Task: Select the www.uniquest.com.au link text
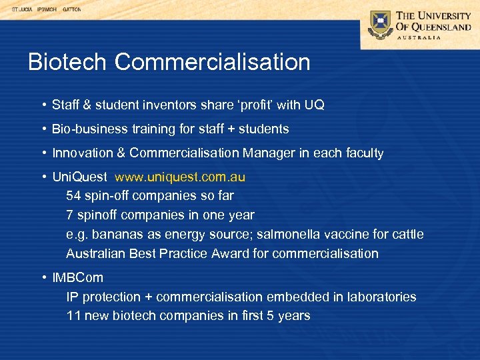[x=180, y=177]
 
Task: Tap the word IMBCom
[x=77, y=277]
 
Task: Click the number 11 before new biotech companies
[x=73, y=315]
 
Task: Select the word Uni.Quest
[x=79, y=177]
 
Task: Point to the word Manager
[x=269, y=153]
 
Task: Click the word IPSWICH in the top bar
[x=47, y=10]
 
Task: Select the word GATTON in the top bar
[x=71, y=10]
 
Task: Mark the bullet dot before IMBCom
[x=43, y=277]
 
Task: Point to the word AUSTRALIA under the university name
[x=419, y=37]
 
